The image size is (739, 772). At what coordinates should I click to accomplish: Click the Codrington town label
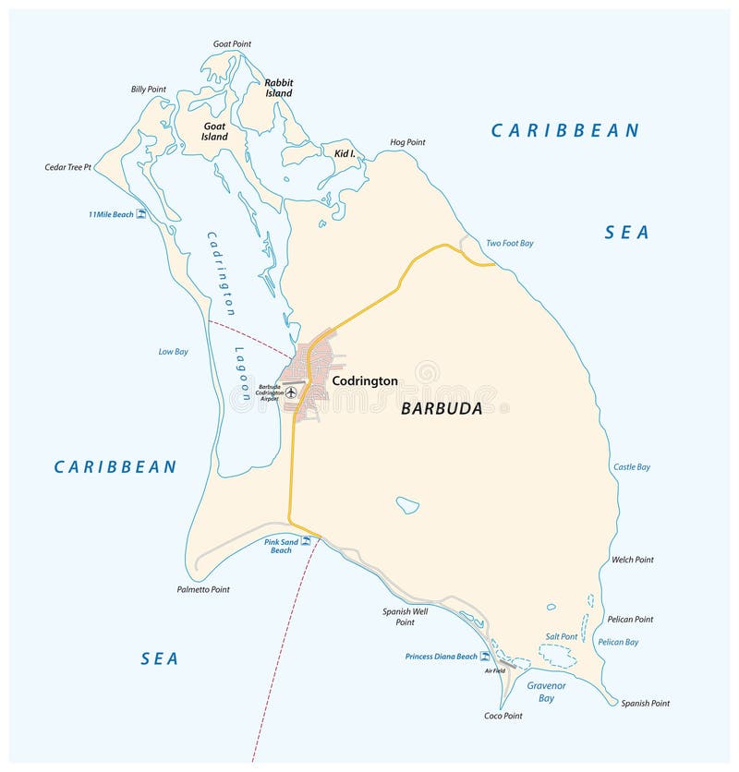tap(365, 380)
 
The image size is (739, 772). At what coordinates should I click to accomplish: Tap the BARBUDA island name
tap(442, 408)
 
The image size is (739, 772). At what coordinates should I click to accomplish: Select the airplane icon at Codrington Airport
tap(292, 392)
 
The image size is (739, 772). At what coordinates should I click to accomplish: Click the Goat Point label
tap(232, 43)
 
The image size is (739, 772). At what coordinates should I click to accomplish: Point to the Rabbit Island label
tap(278, 88)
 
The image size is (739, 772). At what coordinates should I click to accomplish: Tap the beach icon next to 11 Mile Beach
tap(141, 214)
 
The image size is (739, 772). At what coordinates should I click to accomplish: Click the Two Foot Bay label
tap(510, 243)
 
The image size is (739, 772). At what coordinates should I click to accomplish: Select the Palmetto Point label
tap(203, 589)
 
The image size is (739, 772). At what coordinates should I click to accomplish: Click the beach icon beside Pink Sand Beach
tap(305, 541)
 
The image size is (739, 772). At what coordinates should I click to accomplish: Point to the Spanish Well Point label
tap(405, 616)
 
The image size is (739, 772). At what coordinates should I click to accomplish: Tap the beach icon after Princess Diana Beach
tap(485, 657)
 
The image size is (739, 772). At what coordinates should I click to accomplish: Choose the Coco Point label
tap(503, 716)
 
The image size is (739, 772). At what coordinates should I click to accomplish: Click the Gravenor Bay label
tap(546, 692)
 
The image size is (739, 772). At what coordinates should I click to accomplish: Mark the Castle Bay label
tap(632, 466)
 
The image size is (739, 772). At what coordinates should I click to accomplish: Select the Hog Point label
tap(407, 142)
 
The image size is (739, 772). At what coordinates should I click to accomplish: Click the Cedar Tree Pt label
tap(68, 167)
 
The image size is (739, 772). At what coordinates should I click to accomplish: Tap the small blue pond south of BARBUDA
tap(407, 505)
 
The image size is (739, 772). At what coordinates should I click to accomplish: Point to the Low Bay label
tap(173, 351)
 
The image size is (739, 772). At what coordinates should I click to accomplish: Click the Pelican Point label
tap(630, 619)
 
